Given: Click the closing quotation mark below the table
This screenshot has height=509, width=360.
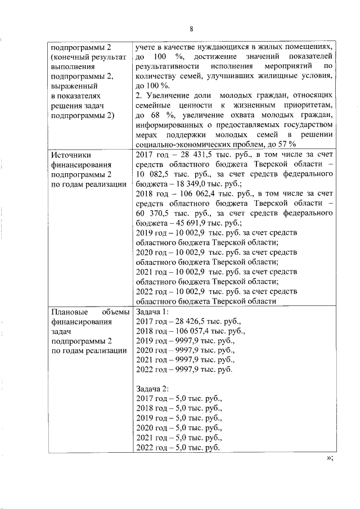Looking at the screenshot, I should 329,458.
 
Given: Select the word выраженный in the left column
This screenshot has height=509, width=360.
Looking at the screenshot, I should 74,85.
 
